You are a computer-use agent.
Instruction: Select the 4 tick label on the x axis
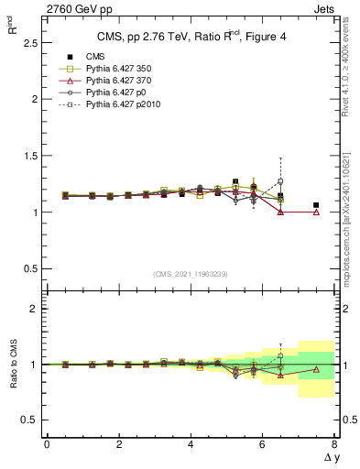[191, 444]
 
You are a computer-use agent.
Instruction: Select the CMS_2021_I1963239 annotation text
[190, 273]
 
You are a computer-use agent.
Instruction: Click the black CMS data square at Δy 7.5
[316, 205]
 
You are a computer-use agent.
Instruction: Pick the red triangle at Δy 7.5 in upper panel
[316, 212]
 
